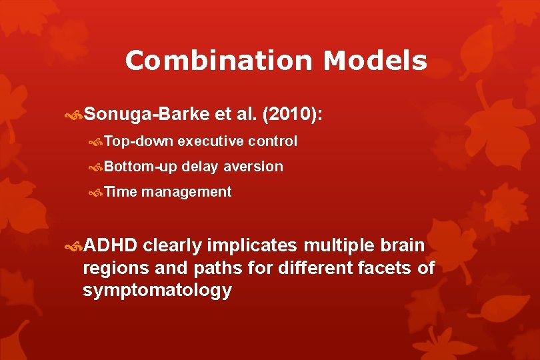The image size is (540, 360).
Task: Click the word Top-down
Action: (139, 141)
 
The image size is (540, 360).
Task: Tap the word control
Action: (273, 141)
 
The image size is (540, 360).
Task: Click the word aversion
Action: (253, 167)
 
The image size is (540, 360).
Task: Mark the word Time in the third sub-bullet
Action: (120, 192)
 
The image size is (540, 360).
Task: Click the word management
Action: (186, 192)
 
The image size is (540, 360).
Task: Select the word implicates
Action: (252, 246)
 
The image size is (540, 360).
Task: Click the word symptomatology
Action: (157, 291)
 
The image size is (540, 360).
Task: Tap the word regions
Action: (112, 269)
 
